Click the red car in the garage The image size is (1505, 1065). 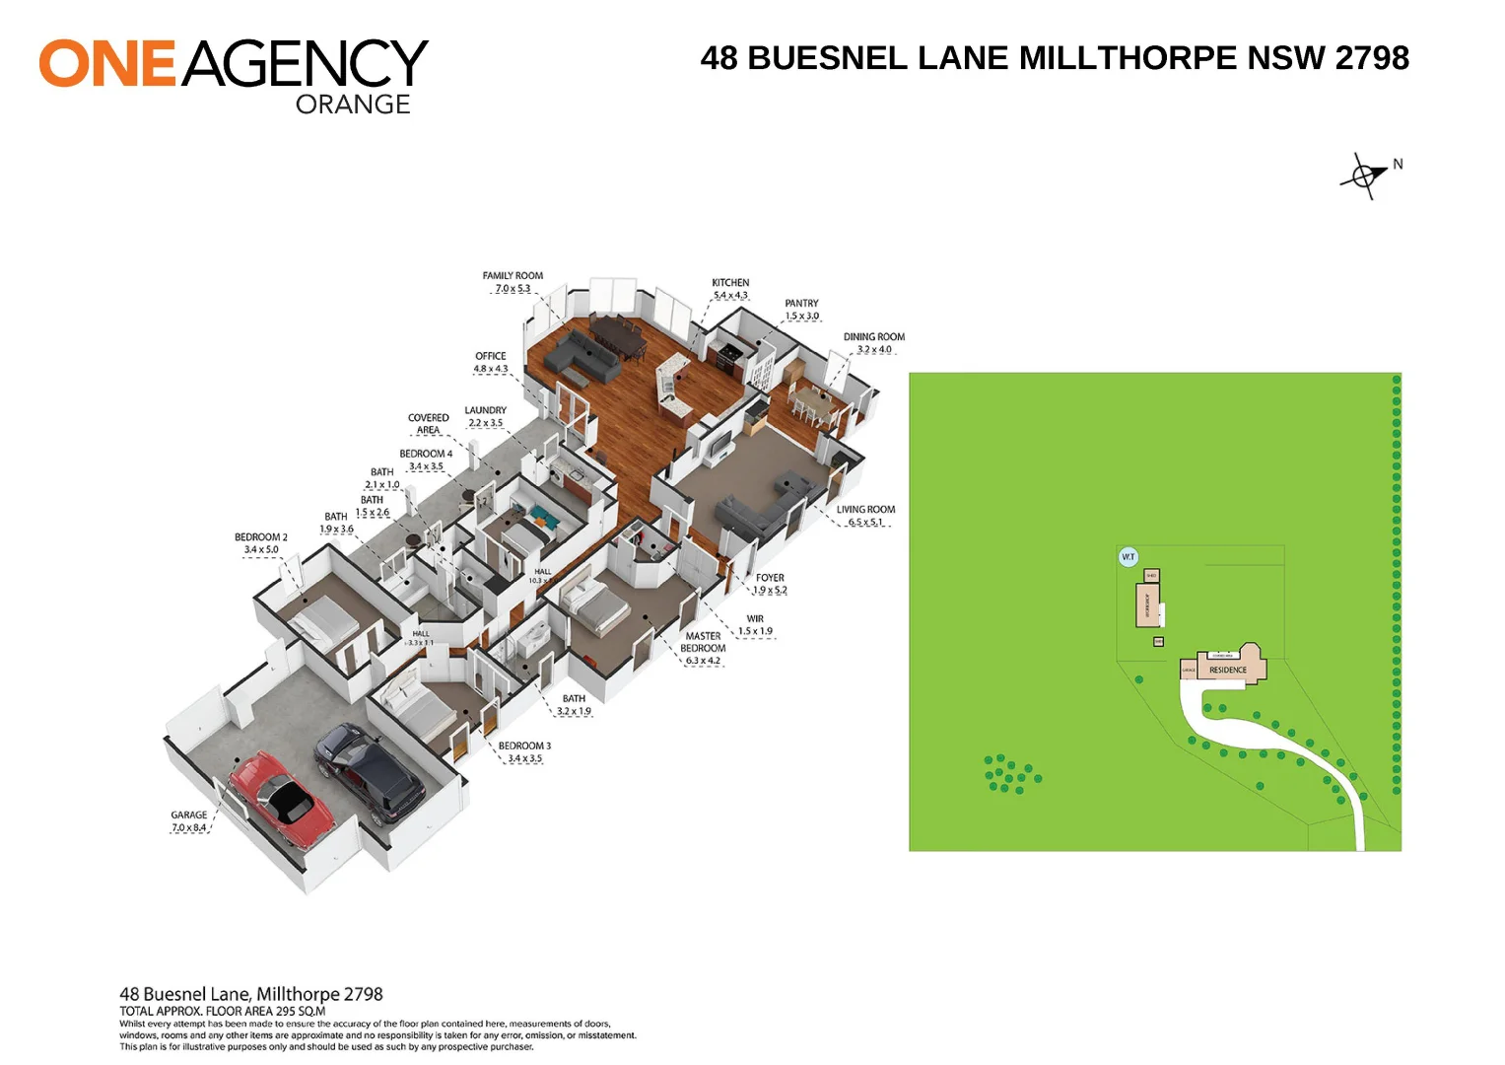click(281, 799)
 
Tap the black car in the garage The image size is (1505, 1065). click(370, 774)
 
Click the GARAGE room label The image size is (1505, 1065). click(189, 816)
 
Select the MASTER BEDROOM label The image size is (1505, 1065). click(703, 642)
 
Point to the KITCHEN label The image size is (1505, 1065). click(730, 283)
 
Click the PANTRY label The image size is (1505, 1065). click(801, 304)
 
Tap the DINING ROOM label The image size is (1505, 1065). click(873, 337)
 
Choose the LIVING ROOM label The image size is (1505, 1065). click(865, 510)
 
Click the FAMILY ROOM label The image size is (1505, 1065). click(513, 276)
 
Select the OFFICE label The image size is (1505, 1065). click(490, 357)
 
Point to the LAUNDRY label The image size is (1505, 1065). click(485, 410)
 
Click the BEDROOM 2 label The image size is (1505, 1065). click(261, 537)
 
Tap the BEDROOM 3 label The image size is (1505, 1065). click(524, 746)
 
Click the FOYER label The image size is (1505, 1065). click(770, 578)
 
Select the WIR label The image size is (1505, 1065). click(755, 619)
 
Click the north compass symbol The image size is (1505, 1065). click(1364, 177)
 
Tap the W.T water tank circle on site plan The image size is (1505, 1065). click(1129, 557)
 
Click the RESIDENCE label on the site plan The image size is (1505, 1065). click(1228, 670)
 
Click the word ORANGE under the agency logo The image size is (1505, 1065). click(353, 105)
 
